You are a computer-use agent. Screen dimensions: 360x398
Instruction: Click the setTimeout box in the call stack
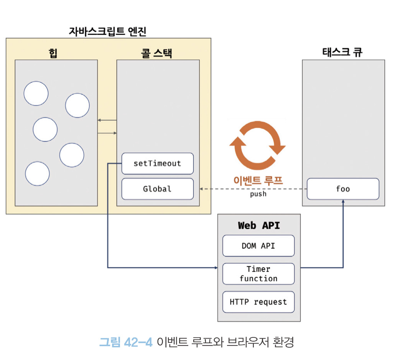click(157, 163)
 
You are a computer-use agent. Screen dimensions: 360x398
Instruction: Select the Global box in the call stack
click(157, 189)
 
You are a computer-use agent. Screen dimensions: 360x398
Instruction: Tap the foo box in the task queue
click(343, 189)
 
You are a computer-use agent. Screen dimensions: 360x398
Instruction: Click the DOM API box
click(258, 246)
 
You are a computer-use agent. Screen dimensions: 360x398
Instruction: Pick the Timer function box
click(258, 274)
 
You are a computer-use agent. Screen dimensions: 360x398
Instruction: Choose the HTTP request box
click(258, 302)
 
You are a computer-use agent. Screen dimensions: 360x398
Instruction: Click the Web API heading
click(259, 225)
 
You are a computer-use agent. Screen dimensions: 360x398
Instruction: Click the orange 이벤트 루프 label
click(258, 181)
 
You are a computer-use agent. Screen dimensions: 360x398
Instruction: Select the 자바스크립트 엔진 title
click(107, 31)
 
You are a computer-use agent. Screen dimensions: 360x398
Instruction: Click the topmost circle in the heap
click(36, 93)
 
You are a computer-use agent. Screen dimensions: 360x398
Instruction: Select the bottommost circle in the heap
click(37, 174)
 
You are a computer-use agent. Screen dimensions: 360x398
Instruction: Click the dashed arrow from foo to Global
click(253, 189)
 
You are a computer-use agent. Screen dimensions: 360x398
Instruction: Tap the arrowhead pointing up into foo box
click(343, 202)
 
